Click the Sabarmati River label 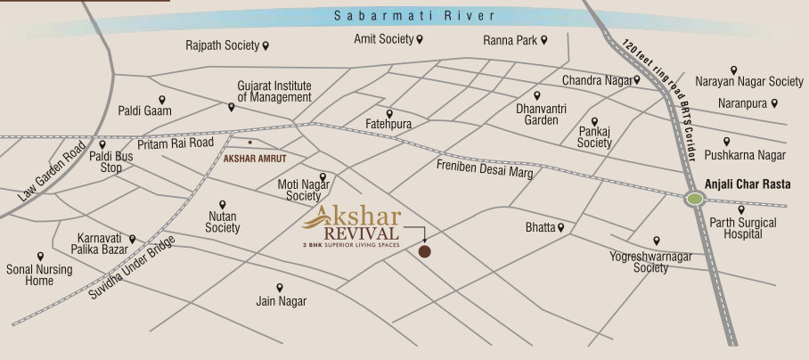tap(404, 16)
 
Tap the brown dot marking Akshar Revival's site tap(425, 252)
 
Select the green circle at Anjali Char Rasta tap(693, 200)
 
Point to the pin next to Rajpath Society tap(266, 45)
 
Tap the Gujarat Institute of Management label tap(274, 91)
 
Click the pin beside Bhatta tap(561, 228)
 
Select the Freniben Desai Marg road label tap(485, 169)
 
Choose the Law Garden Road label tap(53, 169)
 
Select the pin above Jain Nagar tap(280, 288)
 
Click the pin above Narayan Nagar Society tap(734, 70)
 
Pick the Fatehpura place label tap(388, 125)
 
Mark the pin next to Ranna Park tap(543, 40)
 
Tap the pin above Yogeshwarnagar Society tap(657, 241)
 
